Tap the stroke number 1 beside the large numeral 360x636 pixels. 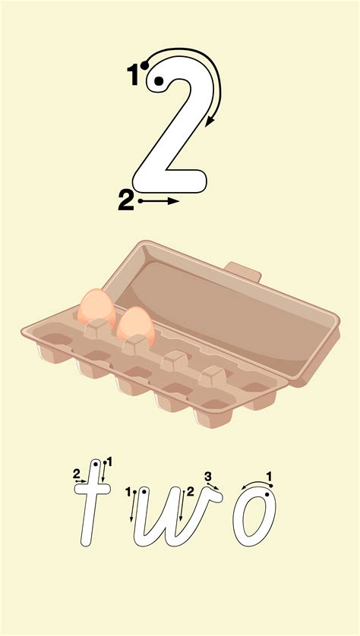click(x=134, y=74)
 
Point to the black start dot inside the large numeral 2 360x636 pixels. click(x=158, y=81)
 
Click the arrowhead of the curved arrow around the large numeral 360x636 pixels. click(x=212, y=119)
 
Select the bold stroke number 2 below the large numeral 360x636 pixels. click(x=126, y=201)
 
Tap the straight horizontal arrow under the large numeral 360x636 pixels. click(x=161, y=201)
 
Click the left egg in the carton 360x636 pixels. click(x=96, y=307)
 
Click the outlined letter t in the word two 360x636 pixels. click(x=91, y=508)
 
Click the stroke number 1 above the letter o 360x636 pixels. click(x=268, y=476)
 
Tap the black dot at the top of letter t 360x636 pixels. click(x=96, y=464)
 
